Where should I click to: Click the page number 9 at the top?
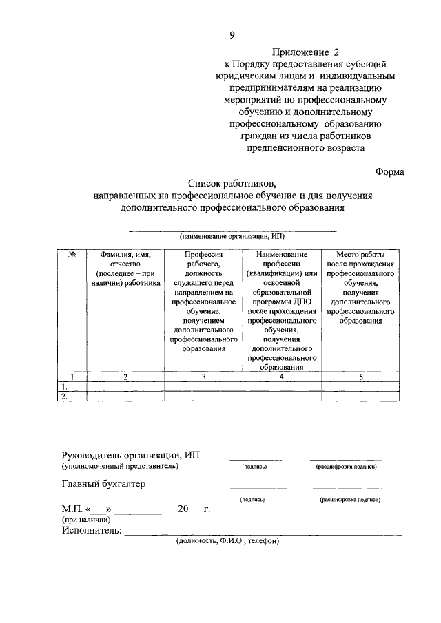point(232,35)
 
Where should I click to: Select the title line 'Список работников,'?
point(232,184)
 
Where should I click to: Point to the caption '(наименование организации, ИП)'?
point(232,235)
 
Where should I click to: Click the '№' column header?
point(72,254)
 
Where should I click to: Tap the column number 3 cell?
point(203,377)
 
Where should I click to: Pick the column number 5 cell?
point(361,377)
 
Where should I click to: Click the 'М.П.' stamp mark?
point(72,509)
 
